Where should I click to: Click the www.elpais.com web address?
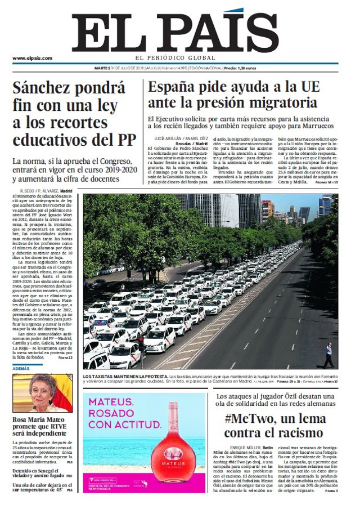pyautogui.click(x=32, y=58)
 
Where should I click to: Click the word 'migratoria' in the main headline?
pyautogui.click(x=287, y=103)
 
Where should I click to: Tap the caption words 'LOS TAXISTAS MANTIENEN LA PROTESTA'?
pyautogui.click(x=125, y=376)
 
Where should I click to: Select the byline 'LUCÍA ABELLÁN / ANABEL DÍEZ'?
pyautogui.click(x=177, y=138)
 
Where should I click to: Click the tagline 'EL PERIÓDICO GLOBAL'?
pyautogui.click(x=175, y=58)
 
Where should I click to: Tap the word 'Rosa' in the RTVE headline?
pyautogui.click(x=24, y=419)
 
